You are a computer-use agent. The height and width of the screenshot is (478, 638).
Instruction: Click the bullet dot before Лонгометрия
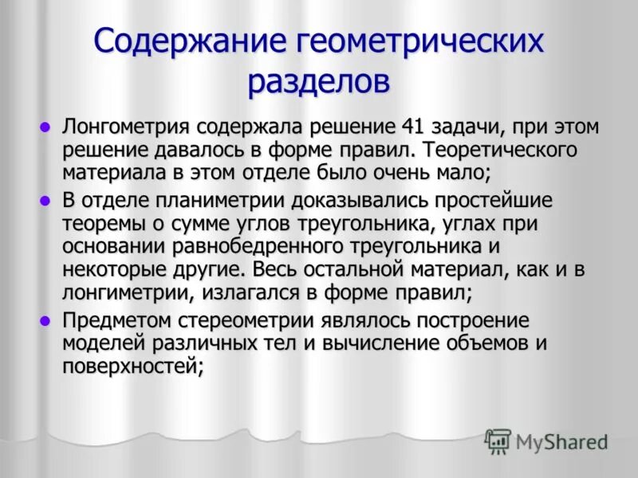coord(45,127)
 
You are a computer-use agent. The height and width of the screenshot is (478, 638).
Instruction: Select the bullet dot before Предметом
coord(45,320)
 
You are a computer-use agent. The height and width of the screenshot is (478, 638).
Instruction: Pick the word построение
coord(463,321)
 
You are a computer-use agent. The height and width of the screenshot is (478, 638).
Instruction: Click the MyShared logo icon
coord(498,441)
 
